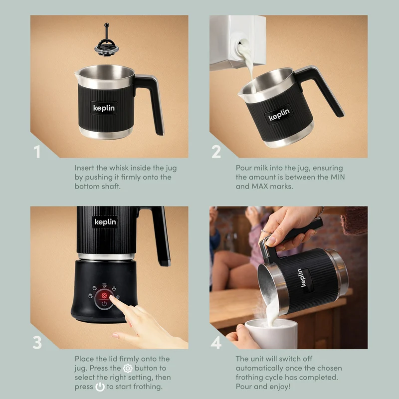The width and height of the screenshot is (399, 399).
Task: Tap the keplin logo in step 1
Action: [104, 108]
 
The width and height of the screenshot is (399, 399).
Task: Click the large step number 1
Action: [37, 152]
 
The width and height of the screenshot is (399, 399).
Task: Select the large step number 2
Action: [216, 152]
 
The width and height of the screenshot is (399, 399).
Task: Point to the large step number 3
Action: [37, 343]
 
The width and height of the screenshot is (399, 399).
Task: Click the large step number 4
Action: [216, 343]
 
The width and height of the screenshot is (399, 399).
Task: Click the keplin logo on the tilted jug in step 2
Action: [279, 114]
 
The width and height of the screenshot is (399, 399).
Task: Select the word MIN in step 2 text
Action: [338, 177]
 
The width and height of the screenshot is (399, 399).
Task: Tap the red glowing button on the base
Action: [104, 295]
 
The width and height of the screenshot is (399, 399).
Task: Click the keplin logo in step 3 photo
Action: [105, 222]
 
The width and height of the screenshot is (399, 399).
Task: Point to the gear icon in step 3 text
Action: [128, 368]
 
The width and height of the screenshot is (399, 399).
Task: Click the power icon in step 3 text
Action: [100, 387]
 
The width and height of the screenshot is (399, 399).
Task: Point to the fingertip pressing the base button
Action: [112, 297]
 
